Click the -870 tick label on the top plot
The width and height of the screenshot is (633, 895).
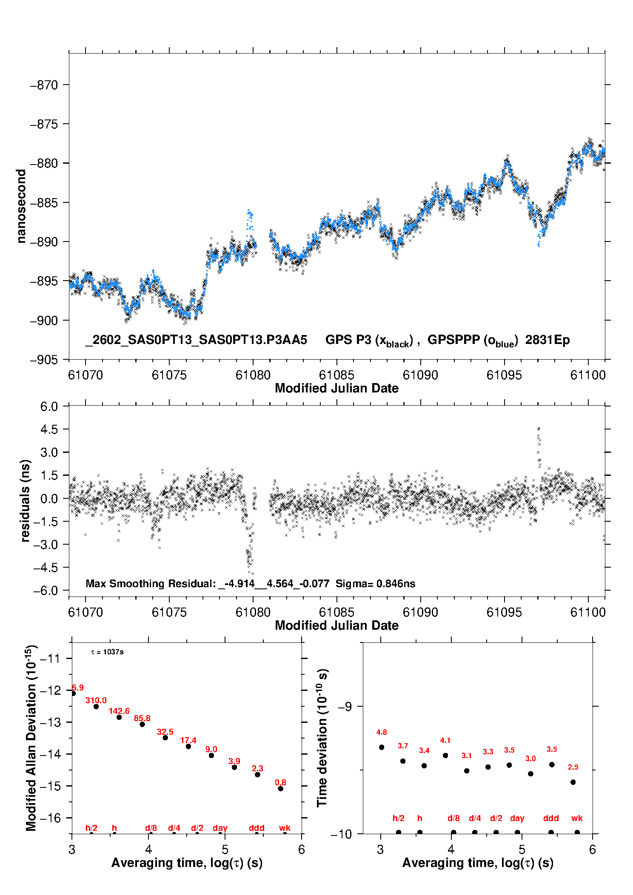pyautogui.click(x=43, y=85)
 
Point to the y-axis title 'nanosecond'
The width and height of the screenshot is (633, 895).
pyautogui.click(x=21, y=206)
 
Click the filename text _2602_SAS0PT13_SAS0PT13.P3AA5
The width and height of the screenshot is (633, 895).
pyautogui.click(x=196, y=340)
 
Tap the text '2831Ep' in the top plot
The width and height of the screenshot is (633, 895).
pyautogui.click(x=547, y=340)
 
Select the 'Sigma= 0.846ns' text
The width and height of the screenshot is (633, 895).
pyautogui.click(x=375, y=584)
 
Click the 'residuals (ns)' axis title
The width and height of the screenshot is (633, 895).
pyautogui.click(x=25, y=501)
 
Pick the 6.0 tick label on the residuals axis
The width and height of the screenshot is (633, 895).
pyautogui.click(x=48, y=407)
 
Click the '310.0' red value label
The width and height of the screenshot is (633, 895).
pyautogui.click(x=96, y=700)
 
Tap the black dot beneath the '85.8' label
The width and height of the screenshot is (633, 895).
pyautogui.click(x=142, y=724)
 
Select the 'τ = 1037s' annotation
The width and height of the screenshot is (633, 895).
pyautogui.click(x=107, y=652)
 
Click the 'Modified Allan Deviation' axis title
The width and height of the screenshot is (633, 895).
pyautogui.click(x=31, y=738)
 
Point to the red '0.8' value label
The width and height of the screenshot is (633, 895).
pyautogui.click(x=280, y=782)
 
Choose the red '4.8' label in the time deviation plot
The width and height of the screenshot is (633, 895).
pyautogui.click(x=382, y=732)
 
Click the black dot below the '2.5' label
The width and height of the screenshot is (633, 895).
pyautogui.click(x=573, y=782)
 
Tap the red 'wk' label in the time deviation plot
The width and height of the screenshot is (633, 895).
pyautogui.click(x=577, y=818)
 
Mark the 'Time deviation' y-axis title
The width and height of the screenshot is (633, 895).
pyautogui.click(x=322, y=738)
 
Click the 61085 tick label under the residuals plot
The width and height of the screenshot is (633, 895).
pyautogui.click(x=336, y=613)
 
